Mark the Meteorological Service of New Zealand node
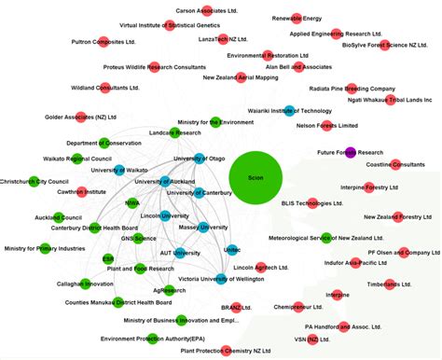click(x=325, y=238)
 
